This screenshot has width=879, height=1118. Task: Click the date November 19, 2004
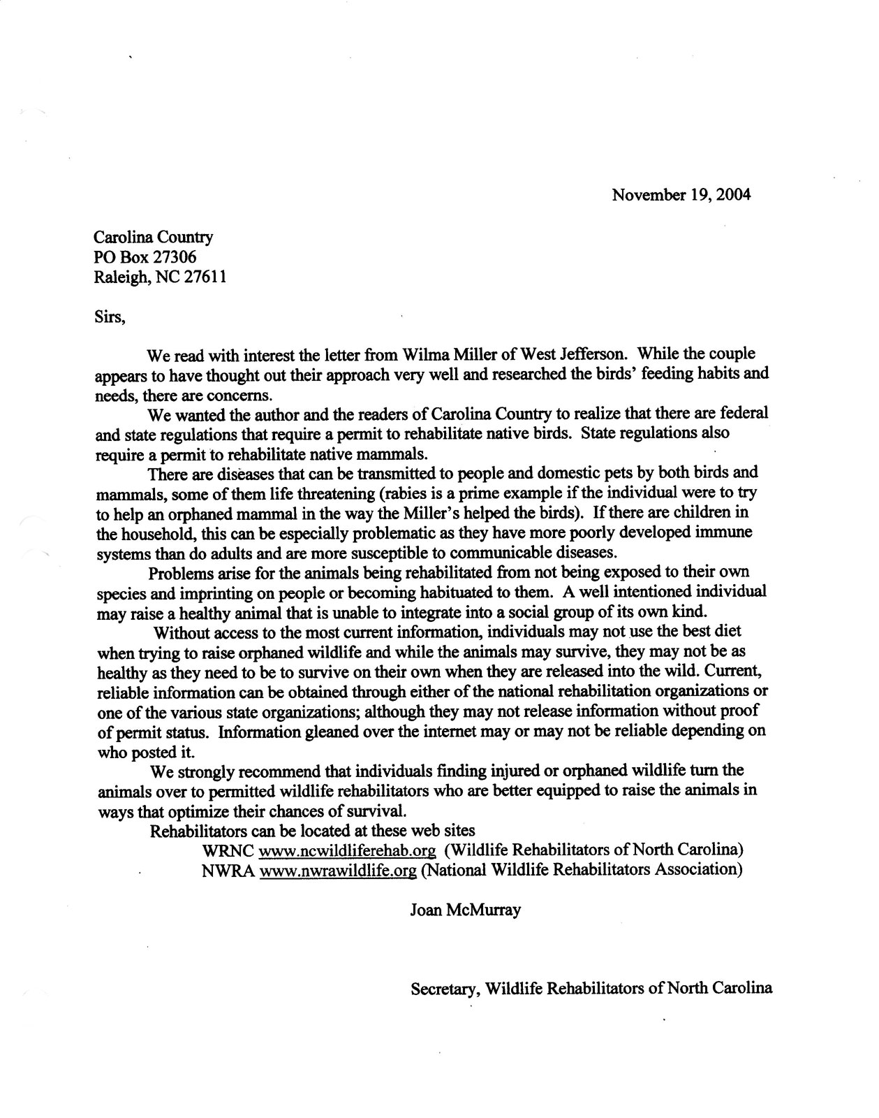(x=681, y=195)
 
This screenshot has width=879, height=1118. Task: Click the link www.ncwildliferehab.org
(x=347, y=851)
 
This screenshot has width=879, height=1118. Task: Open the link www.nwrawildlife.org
(x=337, y=871)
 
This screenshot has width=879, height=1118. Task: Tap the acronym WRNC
(x=228, y=851)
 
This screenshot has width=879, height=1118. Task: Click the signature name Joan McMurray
(x=465, y=911)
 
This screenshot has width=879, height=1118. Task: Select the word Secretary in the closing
(x=445, y=989)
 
